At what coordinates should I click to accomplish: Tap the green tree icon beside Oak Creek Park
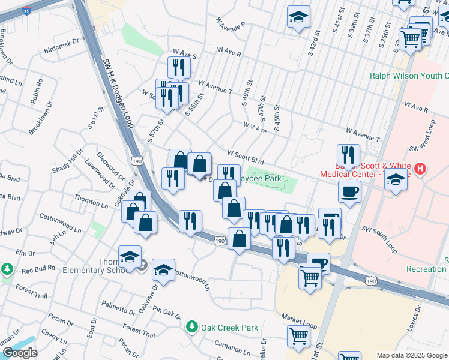(x=192, y=327)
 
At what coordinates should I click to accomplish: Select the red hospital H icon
(x=421, y=170)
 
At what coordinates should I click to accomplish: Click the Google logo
(x=20, y=353)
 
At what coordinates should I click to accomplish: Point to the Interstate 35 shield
(x=26, y=11)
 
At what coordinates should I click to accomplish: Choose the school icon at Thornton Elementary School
(x=130, y=257)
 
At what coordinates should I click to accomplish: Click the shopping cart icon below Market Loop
(x=298, y=338)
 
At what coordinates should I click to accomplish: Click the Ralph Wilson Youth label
(x=409, y=76)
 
